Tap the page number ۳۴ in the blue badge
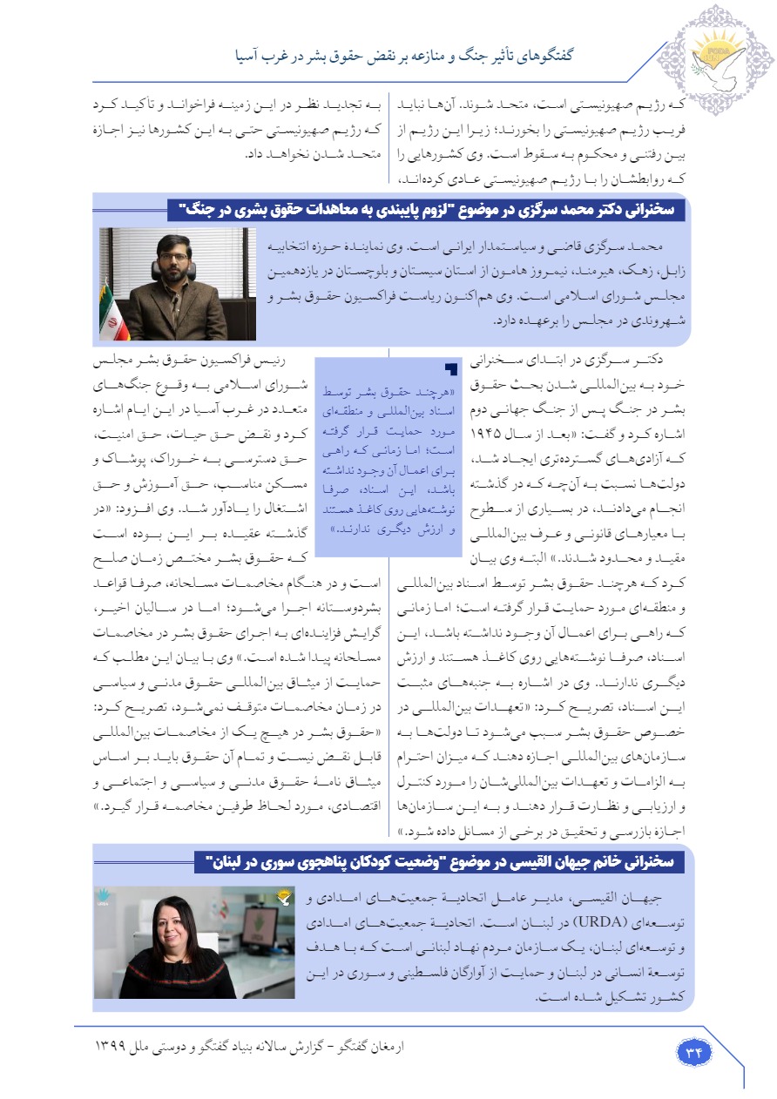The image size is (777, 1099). [694, 1052]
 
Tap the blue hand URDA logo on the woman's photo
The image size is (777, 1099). [102, 896]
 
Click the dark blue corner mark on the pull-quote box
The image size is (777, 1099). [450, 369]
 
